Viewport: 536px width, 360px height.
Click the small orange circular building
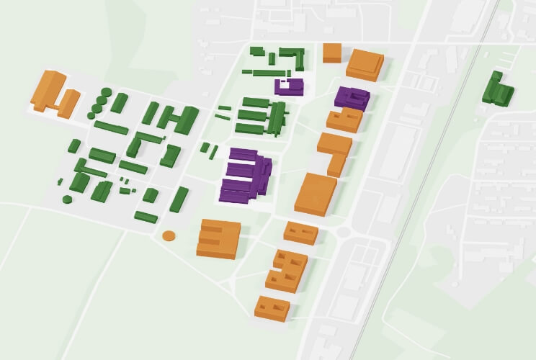coord(169,235)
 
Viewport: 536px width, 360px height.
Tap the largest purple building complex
coord(246,176)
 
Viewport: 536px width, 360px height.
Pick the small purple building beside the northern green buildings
coord(290,86)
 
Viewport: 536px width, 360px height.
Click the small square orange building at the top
coord(332,53)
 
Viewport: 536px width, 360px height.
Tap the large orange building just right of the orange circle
coord(218,239)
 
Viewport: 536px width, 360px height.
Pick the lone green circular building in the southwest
coord(67,199)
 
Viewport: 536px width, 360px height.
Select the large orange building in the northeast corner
coord(365,65)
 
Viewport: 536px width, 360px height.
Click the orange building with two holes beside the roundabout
coord(300,233)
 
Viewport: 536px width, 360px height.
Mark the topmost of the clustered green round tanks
coord(107,92)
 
